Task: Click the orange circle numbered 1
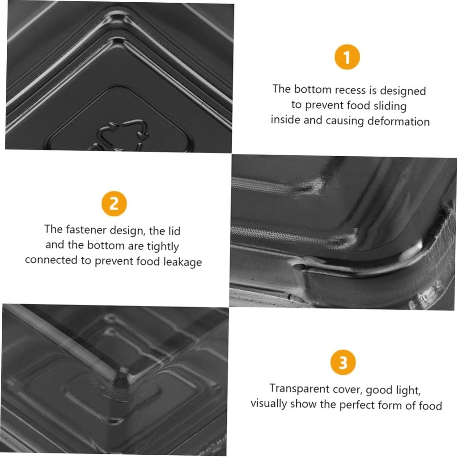click(347, 57)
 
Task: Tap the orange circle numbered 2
click(114, 204)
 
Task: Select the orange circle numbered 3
click(343, 362)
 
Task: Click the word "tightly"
click(163, 246)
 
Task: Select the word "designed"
click(403, 91)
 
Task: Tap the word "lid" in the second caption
click(174, 231)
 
